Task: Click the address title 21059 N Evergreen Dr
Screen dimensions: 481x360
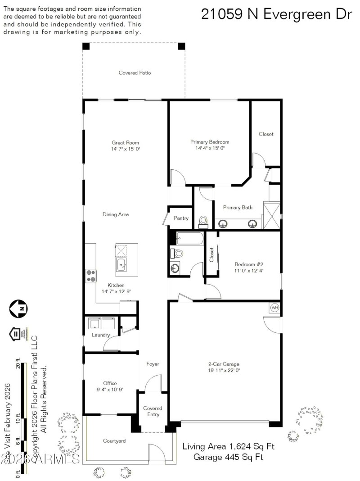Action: pos(276,14)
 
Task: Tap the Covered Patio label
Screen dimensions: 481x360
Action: pos(135,73)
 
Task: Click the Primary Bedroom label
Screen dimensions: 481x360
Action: pos(210,142)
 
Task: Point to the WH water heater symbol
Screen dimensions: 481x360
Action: pos(274,308)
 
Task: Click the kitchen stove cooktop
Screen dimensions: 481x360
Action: pos(90,275)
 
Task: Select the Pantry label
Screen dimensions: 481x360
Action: pos(181,218)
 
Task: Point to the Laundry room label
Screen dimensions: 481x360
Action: pos(101,335)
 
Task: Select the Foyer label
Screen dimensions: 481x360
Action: pos(153,363)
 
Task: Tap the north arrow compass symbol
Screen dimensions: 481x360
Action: pos(18,308)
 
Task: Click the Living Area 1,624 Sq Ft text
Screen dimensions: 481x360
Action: pos(228,446)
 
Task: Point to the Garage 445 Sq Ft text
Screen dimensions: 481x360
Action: pos(228,457)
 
